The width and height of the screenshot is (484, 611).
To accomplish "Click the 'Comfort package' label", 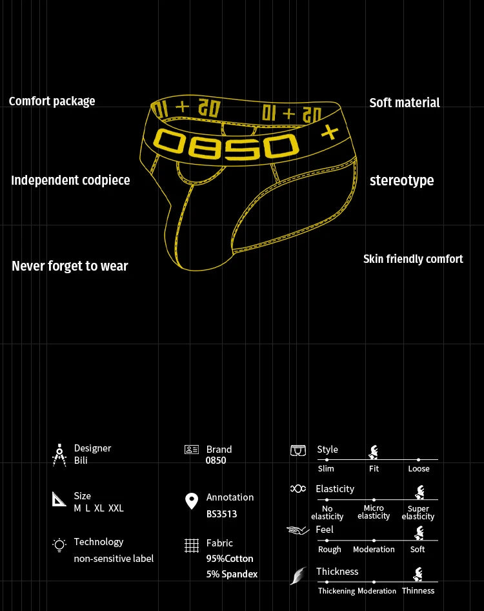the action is (x=52, y=101).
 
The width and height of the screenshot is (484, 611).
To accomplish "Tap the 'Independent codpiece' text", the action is (x=70, y=180).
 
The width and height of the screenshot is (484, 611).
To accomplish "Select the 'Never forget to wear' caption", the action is (x=70, y=265).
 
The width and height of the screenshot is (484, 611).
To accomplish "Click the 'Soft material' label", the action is (x=405, y=103).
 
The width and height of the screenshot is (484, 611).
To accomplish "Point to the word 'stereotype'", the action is (x=401, y=181).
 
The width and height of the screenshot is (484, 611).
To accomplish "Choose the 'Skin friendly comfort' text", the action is (x=413, y=259).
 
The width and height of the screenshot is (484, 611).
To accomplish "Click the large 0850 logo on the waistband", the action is (x=226, y=145).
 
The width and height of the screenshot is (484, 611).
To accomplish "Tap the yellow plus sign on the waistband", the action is (x=330, y=132).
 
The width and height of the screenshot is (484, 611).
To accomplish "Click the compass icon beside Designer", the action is (x=59, y=455).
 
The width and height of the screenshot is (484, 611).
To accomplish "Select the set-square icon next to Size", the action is (x=59, y=499).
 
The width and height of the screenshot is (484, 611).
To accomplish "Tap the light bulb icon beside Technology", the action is (x=59, y=545).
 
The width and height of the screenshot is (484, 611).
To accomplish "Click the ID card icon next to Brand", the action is (x=192, y=450).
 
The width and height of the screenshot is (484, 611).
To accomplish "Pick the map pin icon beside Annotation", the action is (x=192, y=501).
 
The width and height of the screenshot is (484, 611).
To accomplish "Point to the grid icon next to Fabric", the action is (x=192, y=546).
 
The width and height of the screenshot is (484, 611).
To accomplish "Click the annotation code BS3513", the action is (x=221, y=514).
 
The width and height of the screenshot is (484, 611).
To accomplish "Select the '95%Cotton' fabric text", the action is (x=230, y=559).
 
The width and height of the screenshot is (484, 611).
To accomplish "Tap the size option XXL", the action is (x=116, y=508).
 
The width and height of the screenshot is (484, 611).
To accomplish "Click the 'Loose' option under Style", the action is (x=419, y=468).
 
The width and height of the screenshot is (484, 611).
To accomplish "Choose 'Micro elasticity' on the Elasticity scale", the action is (x=374, y=512).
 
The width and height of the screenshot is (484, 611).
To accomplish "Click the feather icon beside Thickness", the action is (x=299, y=575).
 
